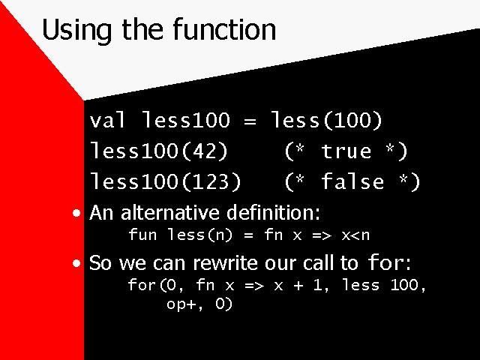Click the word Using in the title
[x=76, y=30]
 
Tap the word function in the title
[x=224, y=29]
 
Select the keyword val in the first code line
[x=107, y=120]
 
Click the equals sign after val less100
[x=250, y=121]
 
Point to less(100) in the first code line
[x=326, y=120]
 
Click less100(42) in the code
[x=159, y=151]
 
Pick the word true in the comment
[x=346, y=151]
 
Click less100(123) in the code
[x=166, y=181]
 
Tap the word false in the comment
[x=352, y=181]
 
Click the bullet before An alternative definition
[x=76, y=213]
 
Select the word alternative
[x=170, y=212]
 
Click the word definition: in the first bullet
[x=273, y=212]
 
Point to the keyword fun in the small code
[x=142, y=235]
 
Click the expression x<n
[x=355, y=235]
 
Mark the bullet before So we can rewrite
[x=76, y=263]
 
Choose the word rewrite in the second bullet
[x=226, y=262]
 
